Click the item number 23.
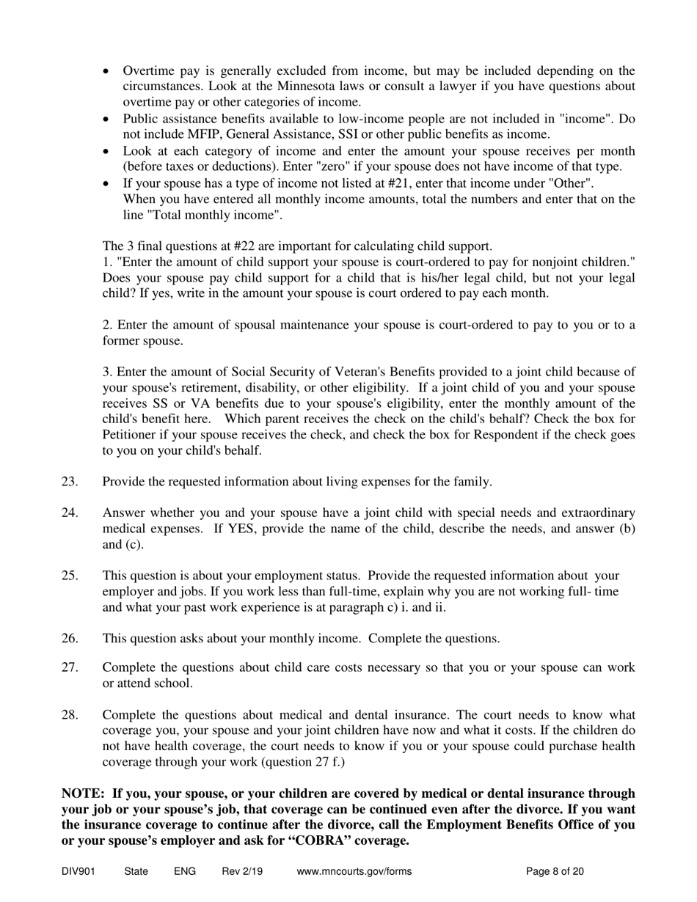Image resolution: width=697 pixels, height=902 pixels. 70,482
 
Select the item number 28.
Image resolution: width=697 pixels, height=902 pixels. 70,715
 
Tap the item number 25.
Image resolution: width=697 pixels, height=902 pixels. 70,576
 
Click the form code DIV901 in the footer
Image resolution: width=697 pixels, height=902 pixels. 79,872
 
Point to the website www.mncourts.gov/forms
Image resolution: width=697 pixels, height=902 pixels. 354,872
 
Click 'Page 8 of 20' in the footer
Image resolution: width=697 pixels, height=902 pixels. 555,872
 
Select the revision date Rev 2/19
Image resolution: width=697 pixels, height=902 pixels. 242,872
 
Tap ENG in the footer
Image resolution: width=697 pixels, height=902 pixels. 185,872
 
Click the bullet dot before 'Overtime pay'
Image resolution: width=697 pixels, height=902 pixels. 107,72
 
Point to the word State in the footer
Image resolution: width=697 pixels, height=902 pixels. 136,872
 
